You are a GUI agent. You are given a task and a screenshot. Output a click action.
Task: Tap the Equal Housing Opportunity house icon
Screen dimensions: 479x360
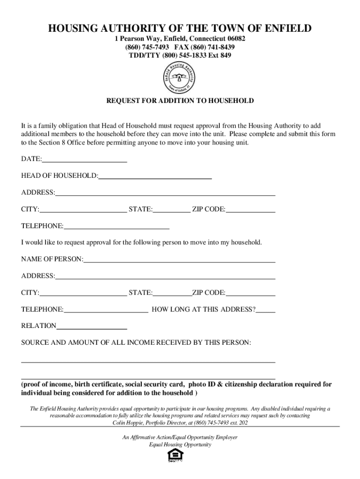point(173,456)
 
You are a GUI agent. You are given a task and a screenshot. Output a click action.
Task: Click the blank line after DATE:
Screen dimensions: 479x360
point(85,159)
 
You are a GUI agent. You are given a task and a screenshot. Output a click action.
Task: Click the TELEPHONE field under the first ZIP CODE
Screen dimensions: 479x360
point(116,226)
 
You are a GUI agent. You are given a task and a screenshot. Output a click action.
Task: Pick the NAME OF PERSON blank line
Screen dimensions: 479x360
point(180,259)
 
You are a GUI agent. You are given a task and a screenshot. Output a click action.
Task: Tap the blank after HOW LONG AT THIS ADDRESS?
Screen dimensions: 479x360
point(266,310)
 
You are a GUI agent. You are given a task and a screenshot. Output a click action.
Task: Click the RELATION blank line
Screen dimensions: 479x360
point(92,326)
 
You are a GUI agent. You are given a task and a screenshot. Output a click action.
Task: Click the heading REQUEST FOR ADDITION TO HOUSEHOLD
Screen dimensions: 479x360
point(180,101)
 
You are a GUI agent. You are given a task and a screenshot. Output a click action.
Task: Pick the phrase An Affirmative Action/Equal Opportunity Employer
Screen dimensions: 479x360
point(180,437)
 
